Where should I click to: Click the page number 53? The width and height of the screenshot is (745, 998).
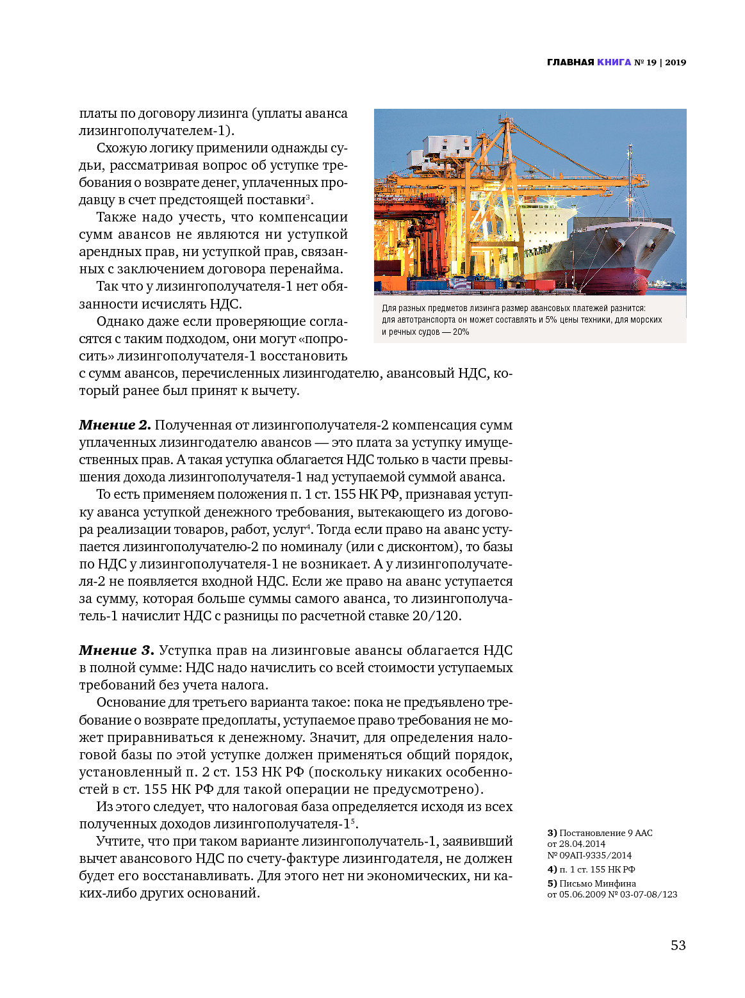click(678, 946)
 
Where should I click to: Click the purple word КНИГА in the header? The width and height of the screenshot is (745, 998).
click(614, 62)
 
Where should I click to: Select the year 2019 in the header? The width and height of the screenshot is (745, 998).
click(675, 62)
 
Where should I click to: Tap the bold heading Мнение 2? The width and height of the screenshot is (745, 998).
click(115, 425)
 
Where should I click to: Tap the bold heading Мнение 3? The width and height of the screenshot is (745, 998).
click(116, 650)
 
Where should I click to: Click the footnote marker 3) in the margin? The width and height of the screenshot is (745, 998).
click(552, 833)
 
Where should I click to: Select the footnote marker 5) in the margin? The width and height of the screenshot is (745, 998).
click(552, 883)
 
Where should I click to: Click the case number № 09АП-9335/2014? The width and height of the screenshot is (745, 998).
click(589, 855)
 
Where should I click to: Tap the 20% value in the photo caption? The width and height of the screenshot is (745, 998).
click(461, 332)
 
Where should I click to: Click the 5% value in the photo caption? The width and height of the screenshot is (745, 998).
click(549, 319)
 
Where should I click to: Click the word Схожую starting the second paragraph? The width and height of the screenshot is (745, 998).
click(122, 148)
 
